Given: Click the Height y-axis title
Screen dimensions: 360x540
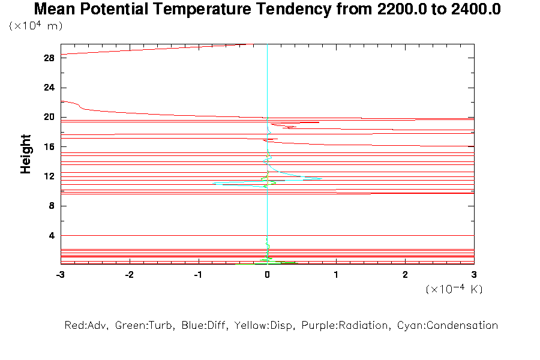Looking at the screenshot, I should pyautogui.click(x=26, y=154).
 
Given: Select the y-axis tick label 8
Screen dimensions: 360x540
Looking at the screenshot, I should pyautogui.click(x=52, y=206).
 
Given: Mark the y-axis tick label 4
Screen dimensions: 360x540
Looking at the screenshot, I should pyautogui.click(x=52, y=236).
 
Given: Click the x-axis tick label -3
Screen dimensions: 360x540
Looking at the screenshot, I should pyautogui.click(x=60, y=274).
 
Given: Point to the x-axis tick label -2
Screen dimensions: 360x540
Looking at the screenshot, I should pyautogui.click(x=129, y=274).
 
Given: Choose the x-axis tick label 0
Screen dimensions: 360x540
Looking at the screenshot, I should pyautogui.click(x=267, y=274).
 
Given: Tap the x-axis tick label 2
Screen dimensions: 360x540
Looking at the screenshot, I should pyautogui.click(x=405, y=274).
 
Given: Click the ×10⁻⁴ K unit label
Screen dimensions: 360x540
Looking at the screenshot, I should pyautogui.click(x=454, y=289).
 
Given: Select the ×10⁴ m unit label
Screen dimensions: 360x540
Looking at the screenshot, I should pyautogui.click(x=36, y=26).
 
